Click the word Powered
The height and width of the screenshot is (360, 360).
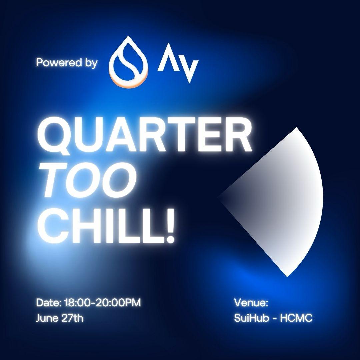59,62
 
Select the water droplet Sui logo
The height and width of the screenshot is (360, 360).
129,62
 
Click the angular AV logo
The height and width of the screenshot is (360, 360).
178,63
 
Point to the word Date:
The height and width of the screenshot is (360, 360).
49,303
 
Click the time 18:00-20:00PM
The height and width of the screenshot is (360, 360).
102,303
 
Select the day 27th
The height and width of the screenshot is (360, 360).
72,318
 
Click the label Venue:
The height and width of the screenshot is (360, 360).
251,303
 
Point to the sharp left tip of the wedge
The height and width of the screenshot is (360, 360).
217,197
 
